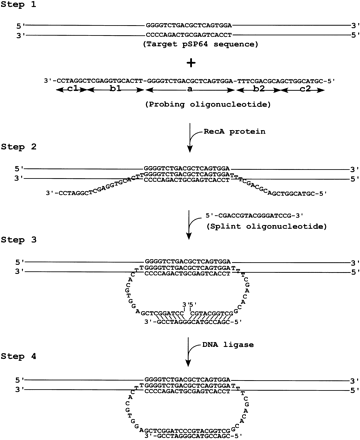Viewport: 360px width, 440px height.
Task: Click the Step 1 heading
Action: click(23, 6)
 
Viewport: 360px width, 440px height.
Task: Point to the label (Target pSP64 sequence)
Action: click(181, 46)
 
